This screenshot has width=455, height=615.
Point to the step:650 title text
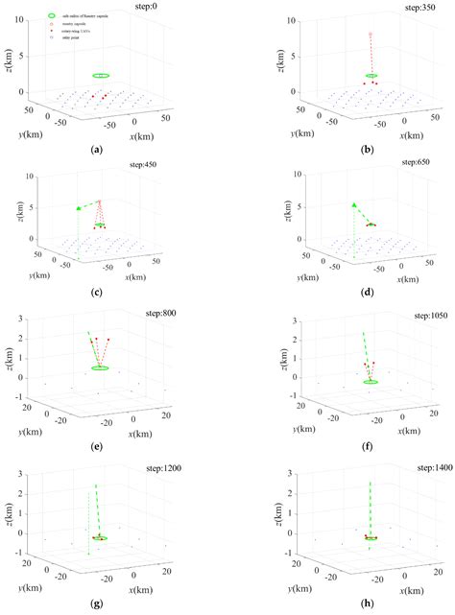pyautogui.click(x=400, y=163)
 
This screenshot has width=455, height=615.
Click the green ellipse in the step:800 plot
pyautogui.click(x=101, y=367)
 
